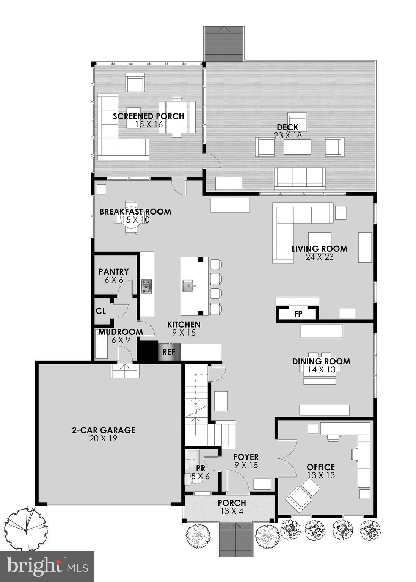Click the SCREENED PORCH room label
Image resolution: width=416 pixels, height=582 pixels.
point(148,116)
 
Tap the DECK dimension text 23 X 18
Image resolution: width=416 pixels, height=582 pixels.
point(287,136)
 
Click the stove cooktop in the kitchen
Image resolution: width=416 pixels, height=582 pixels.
point(147,287)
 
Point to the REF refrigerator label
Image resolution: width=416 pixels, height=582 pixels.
point(169,352)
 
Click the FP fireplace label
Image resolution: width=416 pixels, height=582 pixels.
point(298,314)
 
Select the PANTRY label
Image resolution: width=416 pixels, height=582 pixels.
point(113,272)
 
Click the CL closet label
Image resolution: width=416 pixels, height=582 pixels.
point(100,311)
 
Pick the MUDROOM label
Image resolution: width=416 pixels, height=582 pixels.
point(121,332)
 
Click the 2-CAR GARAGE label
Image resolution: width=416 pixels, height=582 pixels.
point(104,430)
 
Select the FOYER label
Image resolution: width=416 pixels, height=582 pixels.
point(246,457)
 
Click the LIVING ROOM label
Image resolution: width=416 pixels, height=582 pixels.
point(319,249)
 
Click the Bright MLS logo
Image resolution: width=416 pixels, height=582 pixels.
point(47,566)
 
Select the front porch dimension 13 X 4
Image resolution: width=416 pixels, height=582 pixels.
point(232,511)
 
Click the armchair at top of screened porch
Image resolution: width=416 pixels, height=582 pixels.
point(135,82)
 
